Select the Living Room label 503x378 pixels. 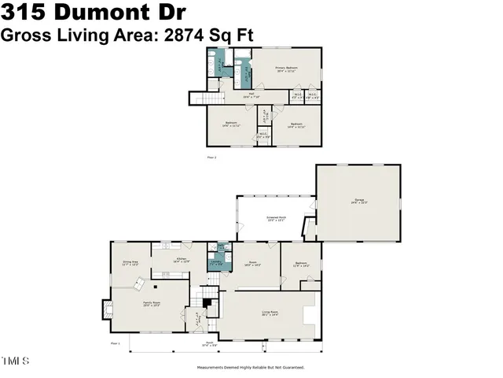tap(270, 314)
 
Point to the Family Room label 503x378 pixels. tap(152, 304)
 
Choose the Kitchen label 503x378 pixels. tap(182, 259)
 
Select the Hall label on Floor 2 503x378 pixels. tap(251, 95)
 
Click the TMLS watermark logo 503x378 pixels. tap(15, 361)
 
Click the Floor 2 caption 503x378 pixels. tap(210, 157)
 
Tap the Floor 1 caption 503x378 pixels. tap(115, 344)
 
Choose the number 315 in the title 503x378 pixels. tap(24, 13)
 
